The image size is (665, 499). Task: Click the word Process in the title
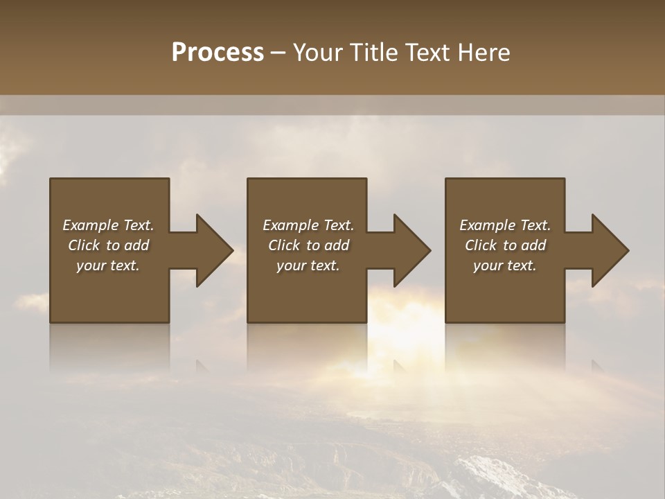coord(218,53)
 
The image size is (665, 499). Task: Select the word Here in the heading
coord(483,53)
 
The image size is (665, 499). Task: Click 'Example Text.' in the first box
coord(108,225)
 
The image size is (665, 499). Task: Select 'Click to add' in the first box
coord(108,245)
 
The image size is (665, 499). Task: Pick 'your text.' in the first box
coord(108,265)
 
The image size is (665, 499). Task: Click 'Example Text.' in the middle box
coord(308,225)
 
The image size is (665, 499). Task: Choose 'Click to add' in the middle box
coord(308,245)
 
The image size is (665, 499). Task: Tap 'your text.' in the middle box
coord(308,265)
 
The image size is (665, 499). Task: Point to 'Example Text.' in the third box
coord(505,225)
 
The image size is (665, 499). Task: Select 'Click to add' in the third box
coord(505,245)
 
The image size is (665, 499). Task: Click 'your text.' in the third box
coord(505,265)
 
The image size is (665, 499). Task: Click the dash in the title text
coord(278,53)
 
